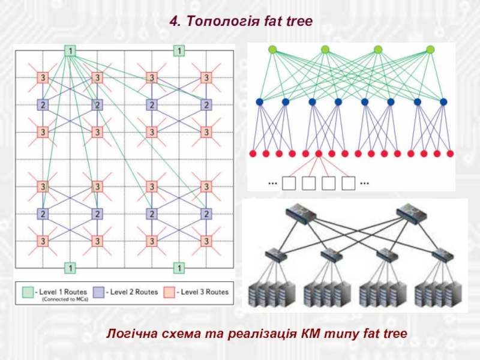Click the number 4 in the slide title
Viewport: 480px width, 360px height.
173,22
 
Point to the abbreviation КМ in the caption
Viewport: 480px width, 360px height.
313,332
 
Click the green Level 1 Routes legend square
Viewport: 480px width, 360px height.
28,292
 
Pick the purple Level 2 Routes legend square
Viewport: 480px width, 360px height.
98,292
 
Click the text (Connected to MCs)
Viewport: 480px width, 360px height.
64,300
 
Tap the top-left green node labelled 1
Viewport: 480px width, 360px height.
70,51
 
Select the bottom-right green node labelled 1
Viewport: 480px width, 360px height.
178,267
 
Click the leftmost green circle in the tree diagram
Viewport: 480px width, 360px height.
272,50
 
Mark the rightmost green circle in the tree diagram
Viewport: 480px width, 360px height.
430,50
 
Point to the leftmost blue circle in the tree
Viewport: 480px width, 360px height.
259,102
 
